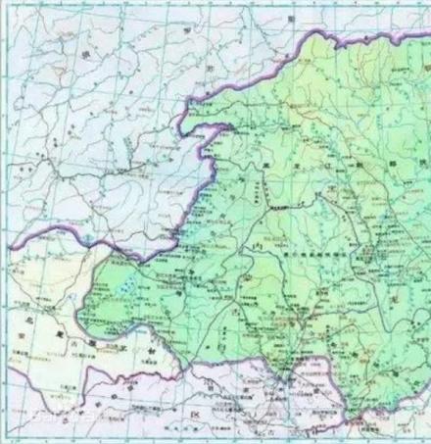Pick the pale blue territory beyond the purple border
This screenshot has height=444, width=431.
[x=98, y=147]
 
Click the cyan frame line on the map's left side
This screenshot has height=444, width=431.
[x=10, y=147]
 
